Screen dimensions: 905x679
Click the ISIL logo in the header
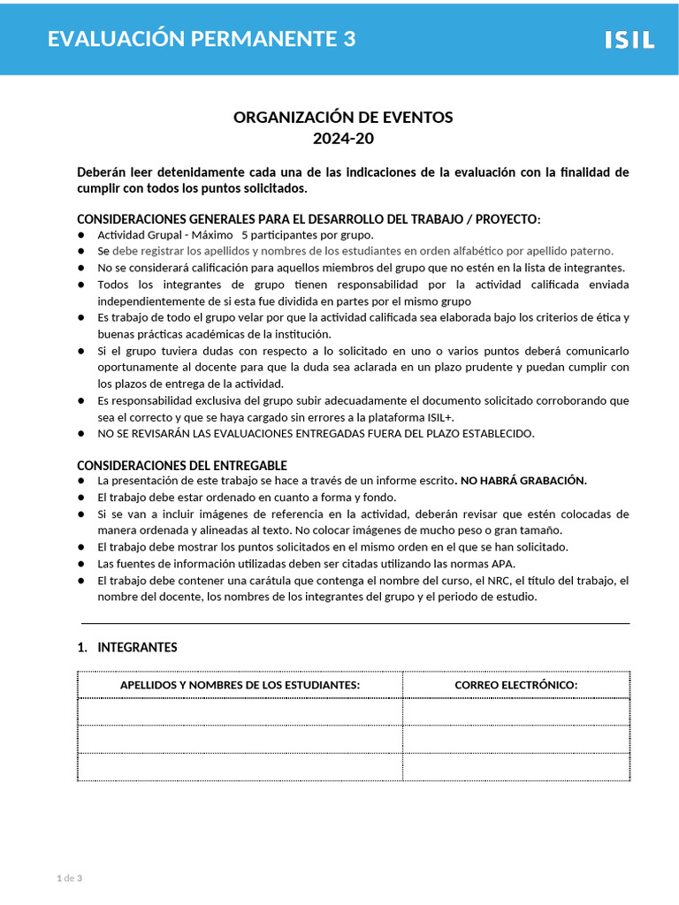click(x=629, y=39)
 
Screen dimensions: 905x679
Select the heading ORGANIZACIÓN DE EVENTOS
click(x=343, y=118)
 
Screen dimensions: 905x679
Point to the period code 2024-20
click(x=343, y=139)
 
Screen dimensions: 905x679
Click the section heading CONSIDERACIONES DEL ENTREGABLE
click(x=182, y=465)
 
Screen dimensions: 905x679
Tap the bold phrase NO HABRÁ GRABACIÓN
click(x=523, y=480)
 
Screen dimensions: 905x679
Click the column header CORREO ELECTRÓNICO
click(x=515, y=685)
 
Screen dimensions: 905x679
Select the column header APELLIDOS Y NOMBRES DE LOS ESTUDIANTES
click(x=240, y=685)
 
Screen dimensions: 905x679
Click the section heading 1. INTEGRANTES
click(x=127, y=647)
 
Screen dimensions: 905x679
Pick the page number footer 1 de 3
click(x=69, y=878)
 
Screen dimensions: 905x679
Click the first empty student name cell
click(x=240, y=711)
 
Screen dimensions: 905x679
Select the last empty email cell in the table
click(x=515, y=766)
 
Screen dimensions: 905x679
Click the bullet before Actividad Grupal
click(x=81, y=235)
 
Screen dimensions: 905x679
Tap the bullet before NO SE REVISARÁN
click(x=81, y=434)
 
